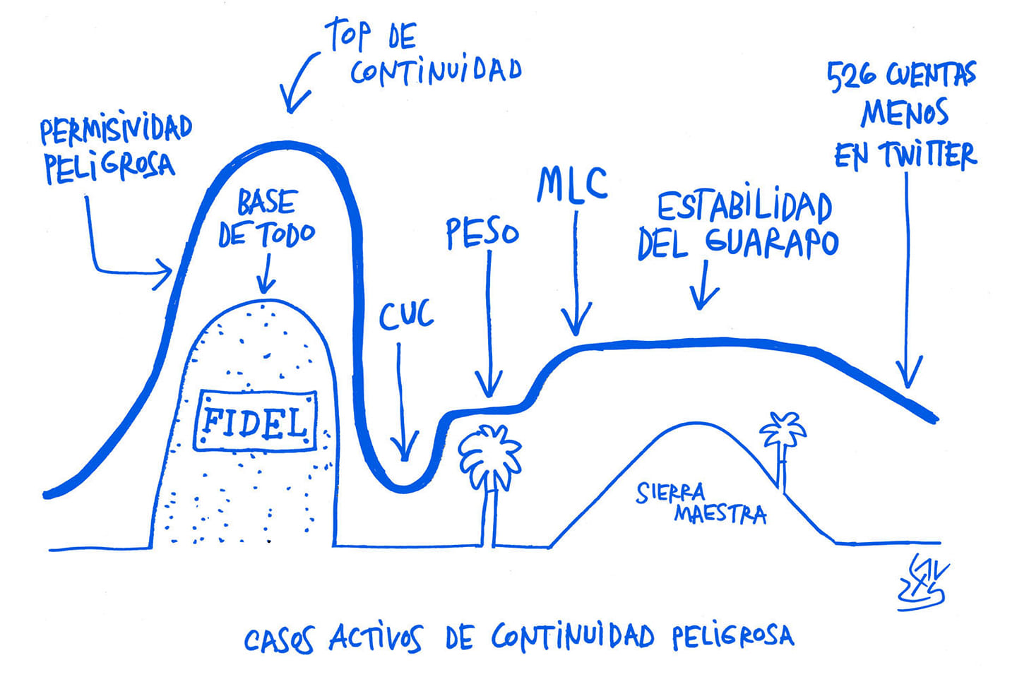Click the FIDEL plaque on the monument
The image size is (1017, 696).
click(255, 421)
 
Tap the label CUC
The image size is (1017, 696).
click(406, 316)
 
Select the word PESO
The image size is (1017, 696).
click(482, 234)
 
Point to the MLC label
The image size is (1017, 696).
click(572, 185)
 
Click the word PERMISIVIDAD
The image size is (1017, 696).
click(116, 129)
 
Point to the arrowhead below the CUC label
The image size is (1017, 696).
click(405, 452)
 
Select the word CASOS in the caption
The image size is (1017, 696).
click(279, 640)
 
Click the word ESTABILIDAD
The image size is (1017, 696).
click(744, 207)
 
